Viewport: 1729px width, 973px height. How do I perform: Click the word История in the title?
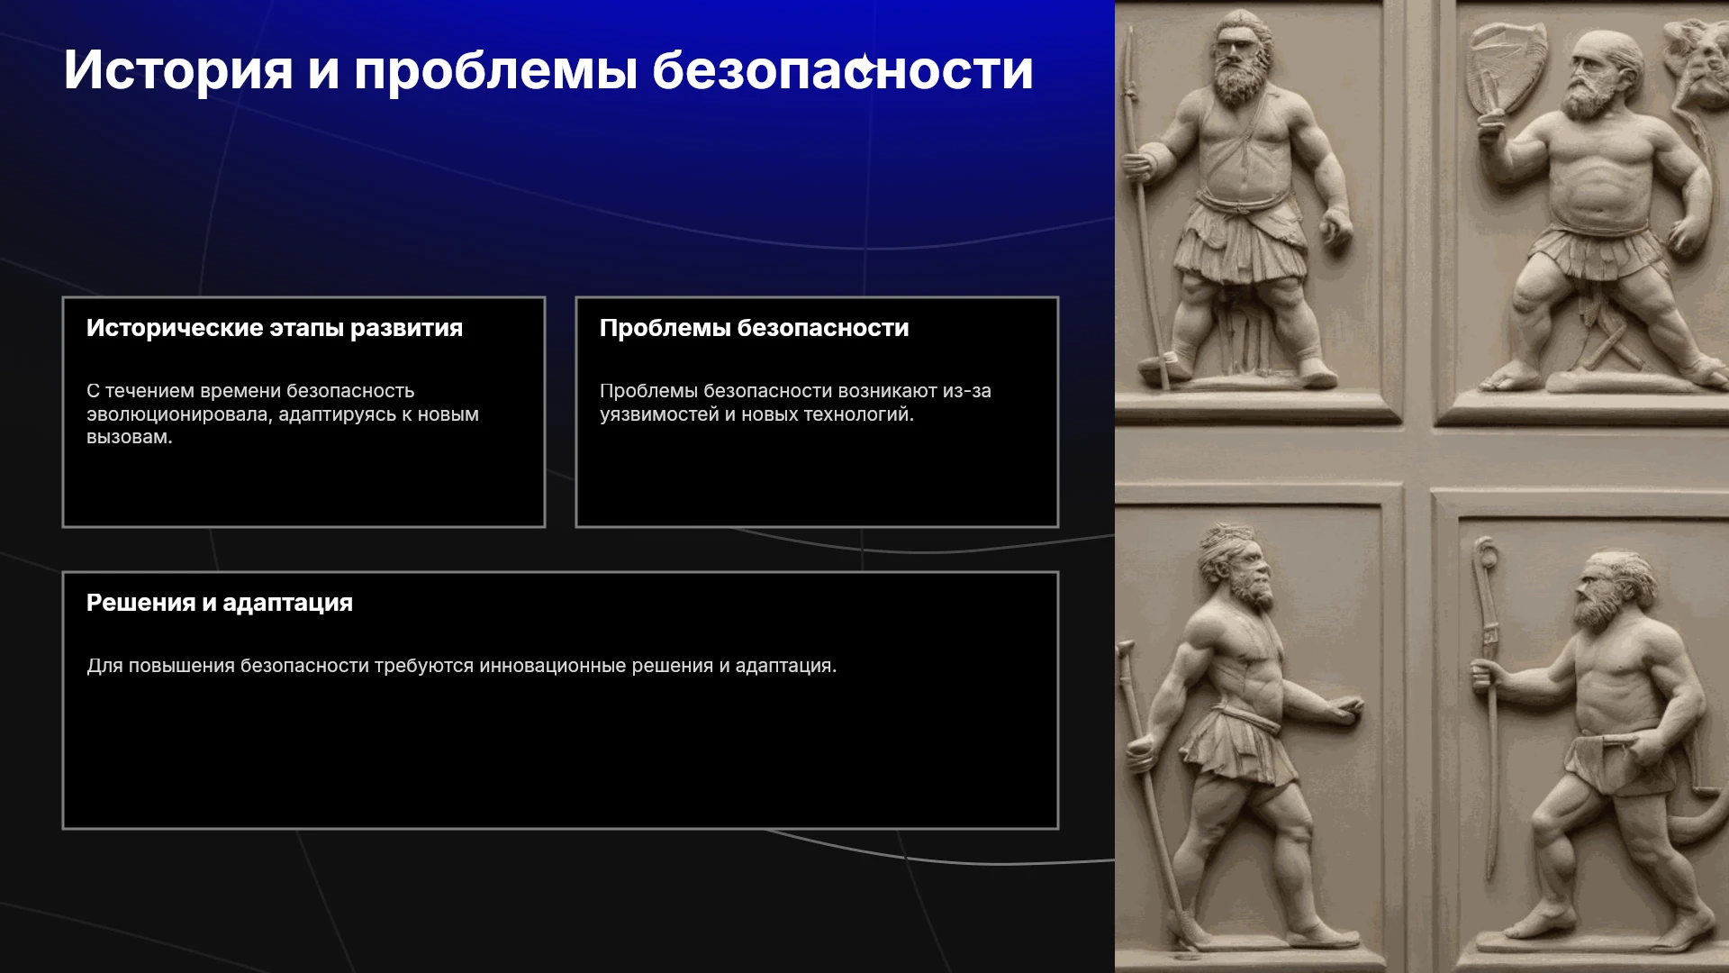click(x=178, y=70)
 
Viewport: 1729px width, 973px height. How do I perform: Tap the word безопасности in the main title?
click(x=842, y=70)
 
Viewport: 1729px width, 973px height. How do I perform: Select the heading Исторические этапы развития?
click(x=275, y=328)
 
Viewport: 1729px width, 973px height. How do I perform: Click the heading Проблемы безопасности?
click(x=755, y=328)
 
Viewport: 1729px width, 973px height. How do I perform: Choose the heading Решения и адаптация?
click(x=220, y=603)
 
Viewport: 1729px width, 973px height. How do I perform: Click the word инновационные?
click(x=552, y=666)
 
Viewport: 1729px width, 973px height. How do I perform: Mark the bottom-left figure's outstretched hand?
click(x=1345, y=711)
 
